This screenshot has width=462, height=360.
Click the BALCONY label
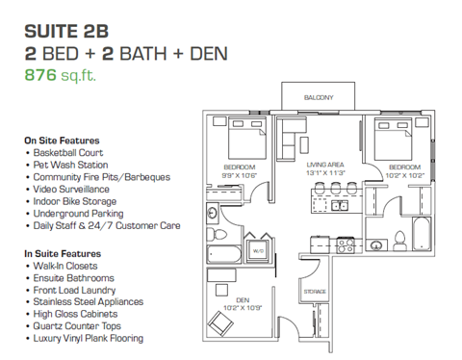click(319, 97)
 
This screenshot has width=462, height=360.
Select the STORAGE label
click(315, 291)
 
